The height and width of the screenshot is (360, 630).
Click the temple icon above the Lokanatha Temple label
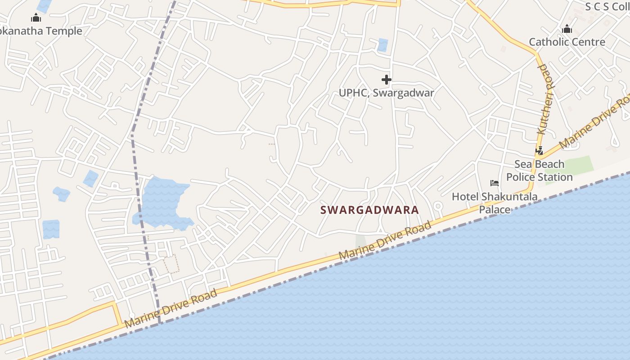tap(36, 18)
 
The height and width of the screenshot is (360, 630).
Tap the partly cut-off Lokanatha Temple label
tap(41, 31)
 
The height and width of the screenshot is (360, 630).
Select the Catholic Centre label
tap(567, 42)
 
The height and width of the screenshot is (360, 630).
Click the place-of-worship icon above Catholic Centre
tap(567, 30)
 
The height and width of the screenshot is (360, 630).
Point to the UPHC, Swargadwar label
tap(386, 93)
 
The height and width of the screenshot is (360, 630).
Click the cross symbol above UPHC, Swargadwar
tap(386, 80)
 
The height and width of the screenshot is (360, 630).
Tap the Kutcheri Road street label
tap(546, 99)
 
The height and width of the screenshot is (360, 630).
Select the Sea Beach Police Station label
tap(539, 171)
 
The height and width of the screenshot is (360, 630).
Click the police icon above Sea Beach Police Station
tap(539, 151)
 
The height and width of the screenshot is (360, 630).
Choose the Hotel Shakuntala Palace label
tap(495, 203)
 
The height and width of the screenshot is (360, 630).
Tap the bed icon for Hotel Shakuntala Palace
tap(495, 183)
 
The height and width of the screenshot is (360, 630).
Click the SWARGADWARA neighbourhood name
tap(369, 210)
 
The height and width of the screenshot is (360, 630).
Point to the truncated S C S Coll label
tap(607, 6)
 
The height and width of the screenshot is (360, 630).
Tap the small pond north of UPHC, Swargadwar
tap(382, 45)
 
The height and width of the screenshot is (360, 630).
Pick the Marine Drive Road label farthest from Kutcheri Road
tap(171, 308)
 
